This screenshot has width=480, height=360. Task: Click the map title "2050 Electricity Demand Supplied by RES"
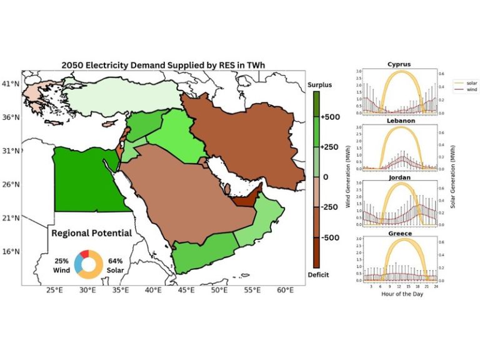tap(164, 64)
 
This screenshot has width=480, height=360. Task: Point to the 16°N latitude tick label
tap(9, 251)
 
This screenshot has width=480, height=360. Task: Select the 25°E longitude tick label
tap(54, 291)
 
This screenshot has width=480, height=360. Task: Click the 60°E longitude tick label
tap(286, 291)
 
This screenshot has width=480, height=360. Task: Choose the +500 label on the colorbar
tap(331, 117)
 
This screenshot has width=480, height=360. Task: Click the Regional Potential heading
tap(91, 233)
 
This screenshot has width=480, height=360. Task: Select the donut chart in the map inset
tap(87, 263)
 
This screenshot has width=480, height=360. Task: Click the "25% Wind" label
tap(59, 263)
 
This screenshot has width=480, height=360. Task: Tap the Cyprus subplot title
tap(399, 64)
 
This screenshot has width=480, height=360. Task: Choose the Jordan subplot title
tap(399, 177)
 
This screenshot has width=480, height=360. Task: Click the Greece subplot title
tap(399, 233)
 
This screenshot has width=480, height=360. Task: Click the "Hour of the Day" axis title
tap(399, 294)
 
